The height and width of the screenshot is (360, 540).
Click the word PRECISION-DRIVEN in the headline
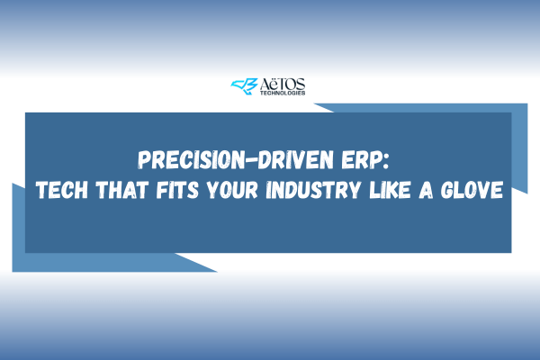pyautogui.click(x=236, y=159)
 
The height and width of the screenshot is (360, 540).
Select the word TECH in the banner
pyautogui.click(x=62, y=190)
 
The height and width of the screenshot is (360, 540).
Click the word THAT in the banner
pyautogui.click(x=122, y=190)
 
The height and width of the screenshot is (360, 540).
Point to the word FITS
pyautogui.click(x=177, y=190)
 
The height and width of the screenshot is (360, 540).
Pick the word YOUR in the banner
pyautogui.click(x=232, y=190)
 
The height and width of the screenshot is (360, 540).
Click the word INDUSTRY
pyautogui.click(x=313, y=190)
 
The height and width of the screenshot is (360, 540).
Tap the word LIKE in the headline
pyautogui.click(x=390, y=190)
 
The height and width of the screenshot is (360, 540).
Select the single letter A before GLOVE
pyautogui.click(x=426, y=190)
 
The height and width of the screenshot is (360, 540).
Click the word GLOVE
pyautogui.click(x=472, y=190)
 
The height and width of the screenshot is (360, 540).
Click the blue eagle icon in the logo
pyautogui.click(x=244, y=86)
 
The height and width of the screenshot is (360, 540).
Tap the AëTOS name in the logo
pyautogui.click(x=283, y=85)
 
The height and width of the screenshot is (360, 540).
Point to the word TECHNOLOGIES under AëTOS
pyautogui.click(x=283, y=93)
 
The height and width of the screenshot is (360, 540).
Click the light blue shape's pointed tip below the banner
pyautogui.click(x=216, y=271)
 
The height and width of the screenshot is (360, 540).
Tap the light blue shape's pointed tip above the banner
pyautogui.click(x=315, y=103)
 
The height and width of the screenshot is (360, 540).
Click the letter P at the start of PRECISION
pyautogui.click(x=144, y=159)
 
